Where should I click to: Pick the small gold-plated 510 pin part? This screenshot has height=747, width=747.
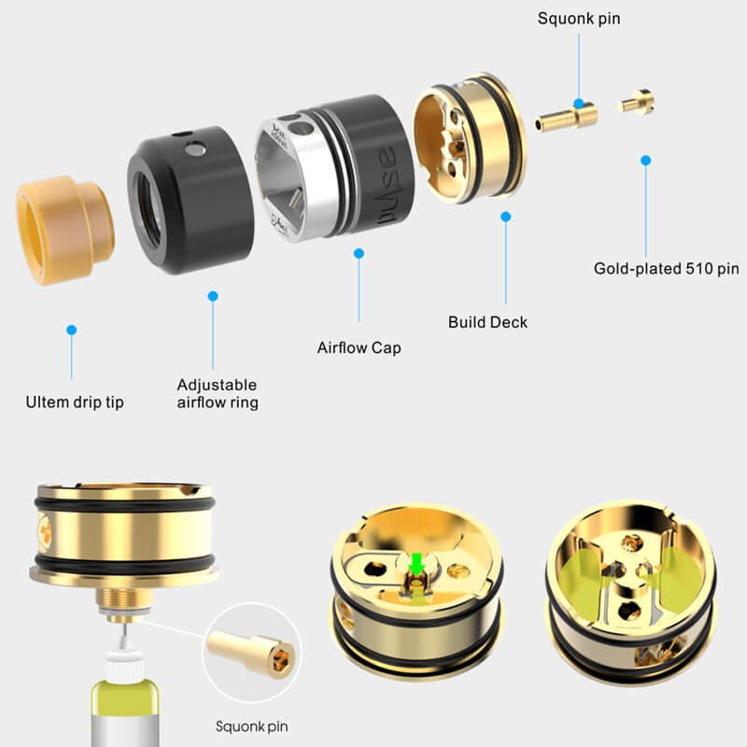click(x=639, y=99)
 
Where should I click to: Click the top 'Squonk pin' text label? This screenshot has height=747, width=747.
click(x=578, y=19)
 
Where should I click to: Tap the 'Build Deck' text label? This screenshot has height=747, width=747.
click(x=487, y=322)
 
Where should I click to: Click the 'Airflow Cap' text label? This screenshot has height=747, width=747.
click(x=359, y=348)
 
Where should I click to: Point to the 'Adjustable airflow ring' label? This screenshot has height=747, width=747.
click(x=218, y=393)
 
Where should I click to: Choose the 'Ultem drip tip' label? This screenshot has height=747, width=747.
click(x=75, y=403)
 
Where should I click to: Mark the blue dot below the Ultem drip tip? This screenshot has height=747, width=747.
click(x=71, y=331)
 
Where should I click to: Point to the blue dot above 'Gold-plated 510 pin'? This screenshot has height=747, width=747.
click(x=645, y=161)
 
